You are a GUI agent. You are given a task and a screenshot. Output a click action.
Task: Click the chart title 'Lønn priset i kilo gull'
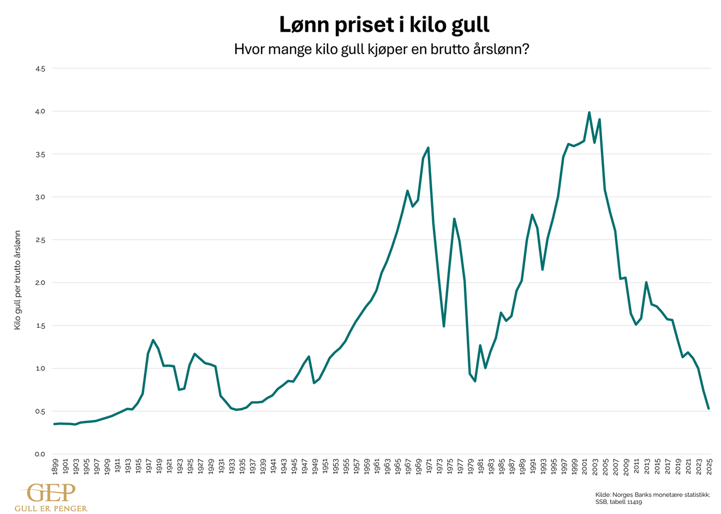(383, 25)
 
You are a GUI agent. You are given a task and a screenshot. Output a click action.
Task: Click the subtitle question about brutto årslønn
(381, 49)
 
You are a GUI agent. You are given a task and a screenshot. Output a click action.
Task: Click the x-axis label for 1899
(55, 466)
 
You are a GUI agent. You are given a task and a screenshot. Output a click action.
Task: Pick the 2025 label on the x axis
(709, 466)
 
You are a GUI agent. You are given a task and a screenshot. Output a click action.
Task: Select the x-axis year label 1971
(428, 466)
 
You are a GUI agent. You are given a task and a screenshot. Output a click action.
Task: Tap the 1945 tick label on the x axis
(294, 466)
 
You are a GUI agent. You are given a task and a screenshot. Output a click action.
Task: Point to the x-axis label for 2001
(584, 466)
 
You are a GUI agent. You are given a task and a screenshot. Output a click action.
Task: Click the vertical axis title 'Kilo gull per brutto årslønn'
(17, 280)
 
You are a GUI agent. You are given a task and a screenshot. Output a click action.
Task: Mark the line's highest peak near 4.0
(589, 112)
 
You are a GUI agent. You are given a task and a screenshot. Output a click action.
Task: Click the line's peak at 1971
(428, 148)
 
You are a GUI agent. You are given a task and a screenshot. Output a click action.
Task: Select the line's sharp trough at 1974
(444, 326)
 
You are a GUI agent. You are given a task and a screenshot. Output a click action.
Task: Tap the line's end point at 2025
(709, 409)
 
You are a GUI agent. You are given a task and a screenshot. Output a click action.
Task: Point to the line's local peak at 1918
(153, 340)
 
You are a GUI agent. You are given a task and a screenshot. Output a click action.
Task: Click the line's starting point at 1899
(54, 424)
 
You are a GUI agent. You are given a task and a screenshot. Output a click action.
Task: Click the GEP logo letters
(51, 493)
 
